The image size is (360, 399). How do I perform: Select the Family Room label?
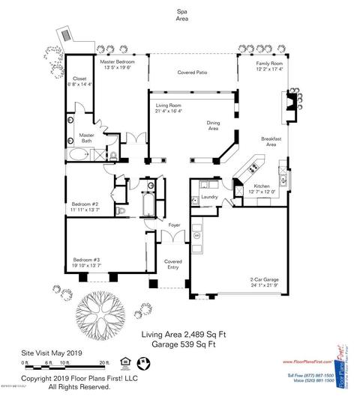point(269,64)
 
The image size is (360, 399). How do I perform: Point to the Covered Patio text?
point(193,73)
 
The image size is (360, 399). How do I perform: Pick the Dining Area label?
point(218,126)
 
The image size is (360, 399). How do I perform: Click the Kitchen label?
point(262,185)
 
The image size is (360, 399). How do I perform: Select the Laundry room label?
point(209,197)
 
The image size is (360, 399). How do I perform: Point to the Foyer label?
point(174,224)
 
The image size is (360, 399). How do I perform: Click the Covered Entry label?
point(173,264)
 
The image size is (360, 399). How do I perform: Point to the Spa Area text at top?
point(181,16)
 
